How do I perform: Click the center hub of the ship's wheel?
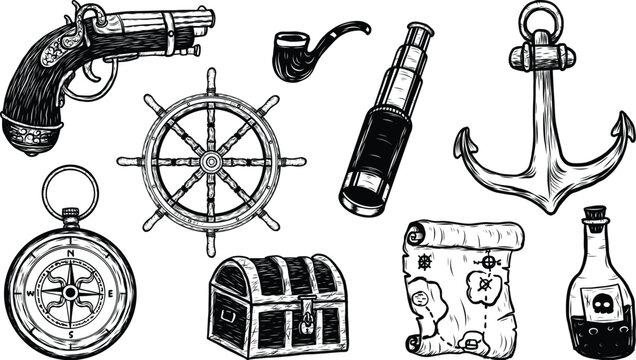210,161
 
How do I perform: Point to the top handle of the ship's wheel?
210,78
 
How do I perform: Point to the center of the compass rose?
69,291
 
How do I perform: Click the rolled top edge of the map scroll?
464,236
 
